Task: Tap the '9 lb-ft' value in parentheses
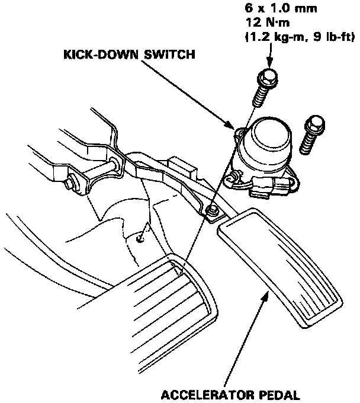tap(332, 37)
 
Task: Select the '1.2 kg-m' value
tap(275, 37)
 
